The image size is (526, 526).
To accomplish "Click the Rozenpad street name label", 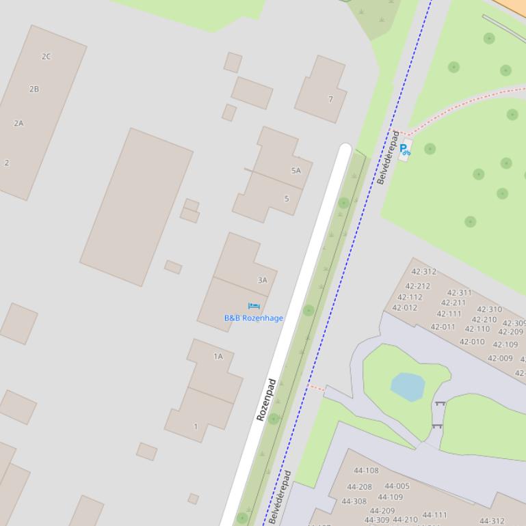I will [x=266, y=400].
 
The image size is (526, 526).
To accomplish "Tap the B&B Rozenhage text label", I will [x=253, y=318].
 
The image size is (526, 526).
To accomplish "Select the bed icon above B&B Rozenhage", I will [x=254, y=306].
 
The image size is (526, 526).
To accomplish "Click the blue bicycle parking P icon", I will [x=405, y=150].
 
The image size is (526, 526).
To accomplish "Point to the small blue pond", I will [x=408, y=386].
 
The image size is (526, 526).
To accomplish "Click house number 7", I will [x=330, y=99].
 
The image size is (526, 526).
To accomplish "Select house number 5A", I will [x=295, y=171].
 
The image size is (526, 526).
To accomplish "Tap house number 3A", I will [x=262, y=280].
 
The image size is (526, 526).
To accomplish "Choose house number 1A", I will [x=218, y=357].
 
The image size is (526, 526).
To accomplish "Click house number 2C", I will [x=46, y=57].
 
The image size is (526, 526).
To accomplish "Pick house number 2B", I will [x=34, y=89].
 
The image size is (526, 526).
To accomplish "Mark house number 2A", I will [x=18, y=124].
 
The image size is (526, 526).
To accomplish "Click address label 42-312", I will [x=424, y=272].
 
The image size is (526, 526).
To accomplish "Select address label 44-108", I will [x=366, y=471].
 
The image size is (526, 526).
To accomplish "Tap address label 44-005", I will [x=397, y=486].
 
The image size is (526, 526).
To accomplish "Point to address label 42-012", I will [x=404, y=308].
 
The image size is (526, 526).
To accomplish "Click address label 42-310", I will [x=489, y=309].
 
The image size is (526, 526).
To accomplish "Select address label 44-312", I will [x=492, y=521].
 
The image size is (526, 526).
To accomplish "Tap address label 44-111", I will [x=434, y=515].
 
